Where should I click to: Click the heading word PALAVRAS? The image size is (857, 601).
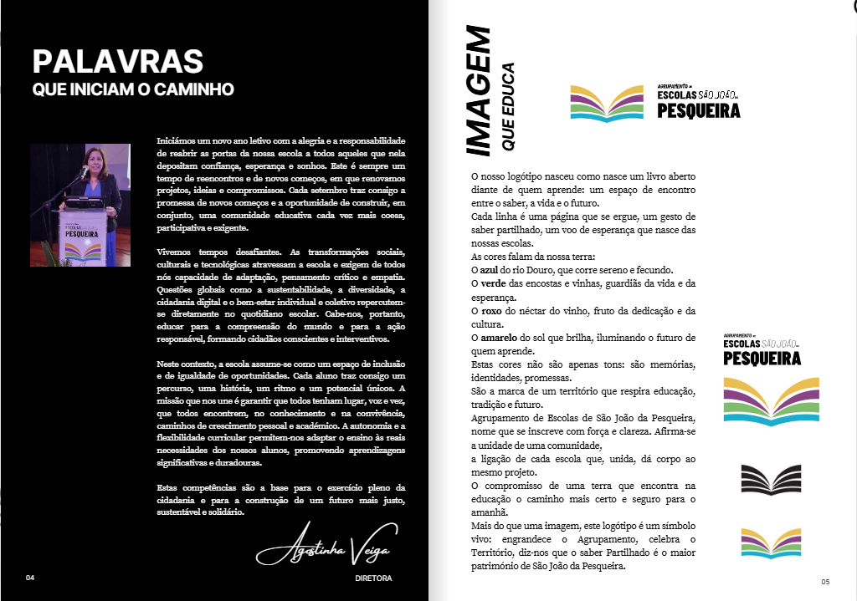click(x=118, y=62)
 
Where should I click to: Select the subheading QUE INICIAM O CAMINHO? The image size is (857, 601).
click(x=132, y=89)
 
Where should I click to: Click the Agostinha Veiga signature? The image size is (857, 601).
click(x=321, y=551)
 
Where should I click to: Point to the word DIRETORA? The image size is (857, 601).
click(x=373, y=578)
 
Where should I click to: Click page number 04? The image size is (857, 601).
click(x=30, y=578)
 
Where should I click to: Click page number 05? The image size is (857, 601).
click(x=824, y=582)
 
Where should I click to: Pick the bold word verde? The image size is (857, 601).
click(x=493, y=283)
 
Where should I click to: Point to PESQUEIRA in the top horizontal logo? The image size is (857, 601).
click(x=698, y=110)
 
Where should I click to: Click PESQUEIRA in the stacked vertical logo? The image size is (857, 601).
click(x=762, y=358)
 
